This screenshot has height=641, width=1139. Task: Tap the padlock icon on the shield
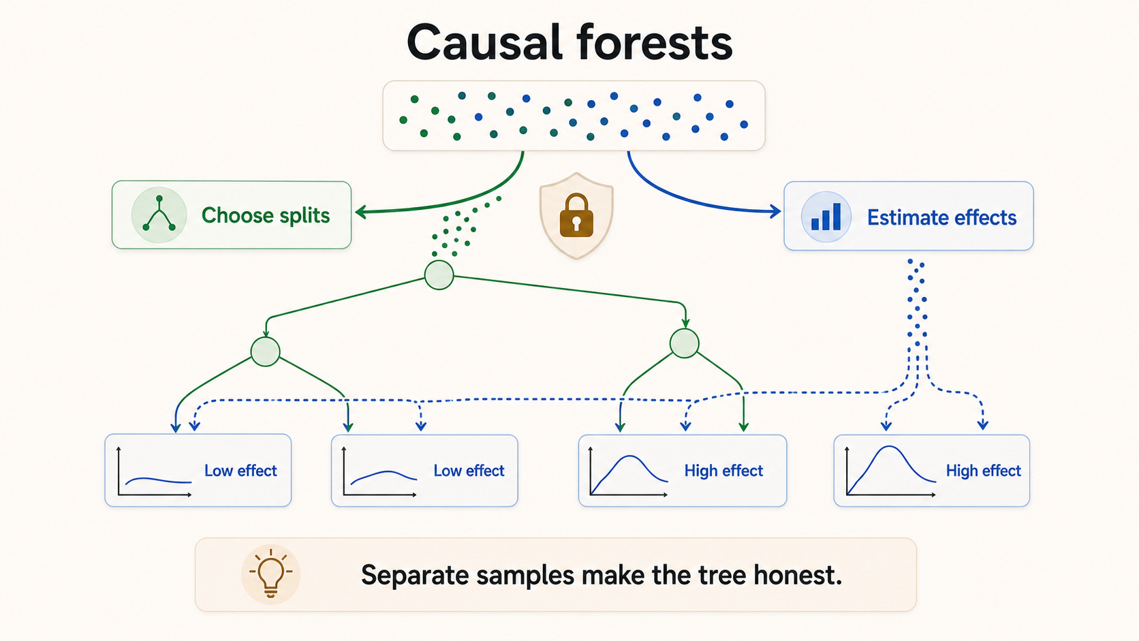[x=576, y=215]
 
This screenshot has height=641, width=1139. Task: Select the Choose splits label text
[x=266, y=215]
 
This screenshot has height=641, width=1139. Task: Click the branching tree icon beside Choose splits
[x=159, y=213]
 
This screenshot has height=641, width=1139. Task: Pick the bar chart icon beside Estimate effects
[x=826, y=217]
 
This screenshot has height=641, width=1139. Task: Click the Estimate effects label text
[x=941, y=217]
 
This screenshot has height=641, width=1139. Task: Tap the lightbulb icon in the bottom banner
[x=270, y=574]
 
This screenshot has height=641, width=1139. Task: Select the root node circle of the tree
[x=439, y=275]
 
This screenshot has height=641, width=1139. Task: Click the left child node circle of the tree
[x=266, y=351]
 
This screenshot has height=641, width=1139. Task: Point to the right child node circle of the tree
[x=685, y=343]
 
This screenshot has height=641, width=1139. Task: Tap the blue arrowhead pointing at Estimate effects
[x=776, y=211]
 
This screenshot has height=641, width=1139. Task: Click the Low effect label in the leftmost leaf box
[x=240, y=471]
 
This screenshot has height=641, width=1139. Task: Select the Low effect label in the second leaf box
[x=469, y=471]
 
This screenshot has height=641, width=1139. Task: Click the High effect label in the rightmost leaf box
[x=984, y=471]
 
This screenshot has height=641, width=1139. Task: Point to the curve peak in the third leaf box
[x=629, y=456]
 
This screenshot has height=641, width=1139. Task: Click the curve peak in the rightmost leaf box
[x=890, y=446]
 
